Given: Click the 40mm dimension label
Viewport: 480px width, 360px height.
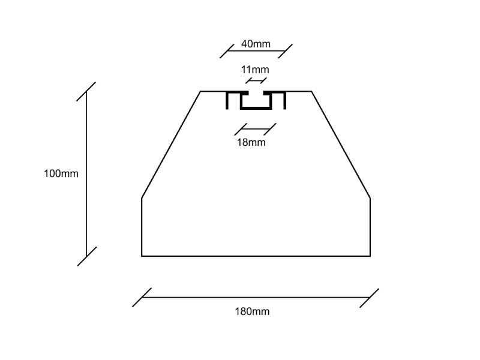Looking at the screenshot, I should pos(256,44).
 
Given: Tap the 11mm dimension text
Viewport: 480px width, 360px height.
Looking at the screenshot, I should pos(255,70).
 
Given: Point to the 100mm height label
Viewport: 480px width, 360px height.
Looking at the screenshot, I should pos(61,173).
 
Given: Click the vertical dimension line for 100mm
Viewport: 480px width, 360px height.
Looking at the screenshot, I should pos(86,174).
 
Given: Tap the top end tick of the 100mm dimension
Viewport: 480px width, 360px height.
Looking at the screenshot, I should pos(86,91).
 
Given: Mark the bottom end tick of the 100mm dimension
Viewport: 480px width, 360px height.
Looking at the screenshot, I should pos(86,256).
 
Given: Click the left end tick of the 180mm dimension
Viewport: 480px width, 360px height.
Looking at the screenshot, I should pos(142,298).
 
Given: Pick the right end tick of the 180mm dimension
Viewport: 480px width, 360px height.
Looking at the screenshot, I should pos(370,298).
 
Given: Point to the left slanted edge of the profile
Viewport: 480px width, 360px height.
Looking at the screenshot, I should pos(171,145).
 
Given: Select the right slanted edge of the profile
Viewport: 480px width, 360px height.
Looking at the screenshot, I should pos(341,145).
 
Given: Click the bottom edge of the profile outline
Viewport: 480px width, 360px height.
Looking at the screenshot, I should pos(256,256).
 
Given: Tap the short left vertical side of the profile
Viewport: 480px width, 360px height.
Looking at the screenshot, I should pos(142,227).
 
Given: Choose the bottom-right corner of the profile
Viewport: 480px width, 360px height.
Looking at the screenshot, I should pos(370,256).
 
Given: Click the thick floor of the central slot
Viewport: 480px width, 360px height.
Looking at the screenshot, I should pos(256,109).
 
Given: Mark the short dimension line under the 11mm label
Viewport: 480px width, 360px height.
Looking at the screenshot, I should pos(256,80).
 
